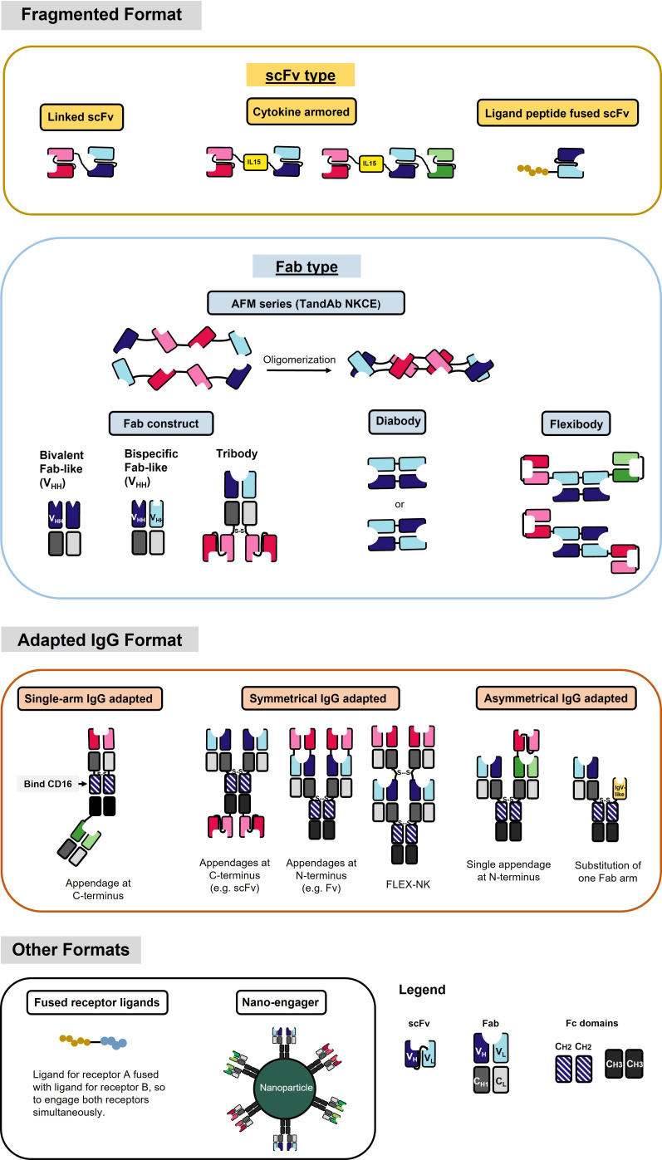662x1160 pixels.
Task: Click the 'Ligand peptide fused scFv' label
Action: coord(557,114)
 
